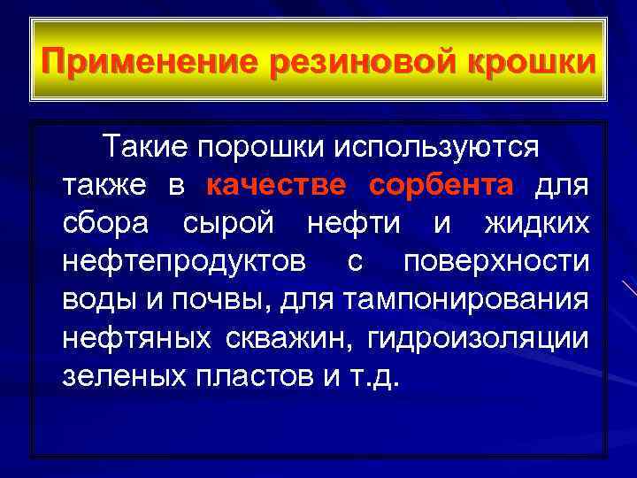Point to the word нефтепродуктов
pos(185,261)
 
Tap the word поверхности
pos(495,261)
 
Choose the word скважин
pos(289,339)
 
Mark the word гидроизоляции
pos(478,339)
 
